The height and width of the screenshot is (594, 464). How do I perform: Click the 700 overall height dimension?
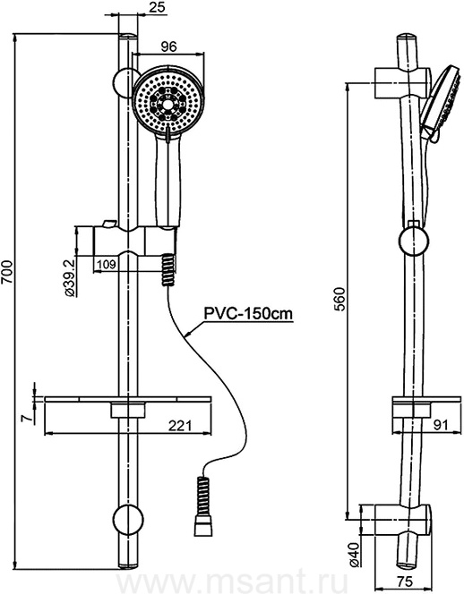tap(7, 272)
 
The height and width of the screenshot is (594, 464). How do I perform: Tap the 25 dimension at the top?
tap(159, 8)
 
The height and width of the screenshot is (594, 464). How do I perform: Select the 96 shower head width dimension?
tap(168, 47)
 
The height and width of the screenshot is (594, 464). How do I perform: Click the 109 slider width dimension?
tap(107, 264)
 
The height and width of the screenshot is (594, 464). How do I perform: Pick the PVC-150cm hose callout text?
tap(248, 314)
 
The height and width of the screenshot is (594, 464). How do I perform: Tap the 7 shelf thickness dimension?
tap(27, 419)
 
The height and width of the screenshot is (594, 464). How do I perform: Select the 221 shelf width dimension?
tap(179, 426)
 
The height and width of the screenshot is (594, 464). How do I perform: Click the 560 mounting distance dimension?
tap(340, 298)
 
